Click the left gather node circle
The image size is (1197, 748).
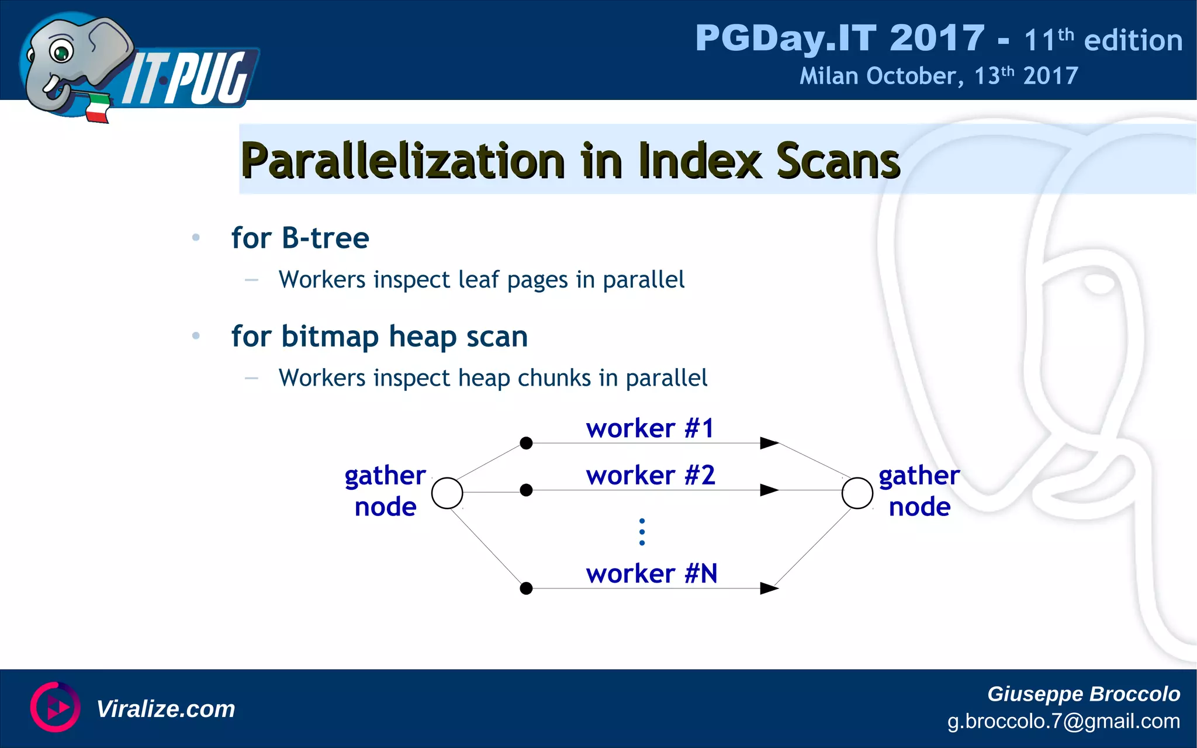pyautogui.click(x=447, y=493)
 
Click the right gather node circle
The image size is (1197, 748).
pyautogui.click(x=857, y=493)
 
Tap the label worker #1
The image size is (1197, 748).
pyautogui.click(x=650, y=428)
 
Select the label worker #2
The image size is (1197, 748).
pyautogui.click(x=651, y=475)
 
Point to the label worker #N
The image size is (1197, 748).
pyautogui.click(x=652, y=573)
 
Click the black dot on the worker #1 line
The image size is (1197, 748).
pyautogui.click(x=526, y=443)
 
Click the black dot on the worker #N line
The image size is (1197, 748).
pyautogui.click(x=526, y=588)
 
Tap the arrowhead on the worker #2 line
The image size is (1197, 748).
pyautogui.click(x=769, y=490)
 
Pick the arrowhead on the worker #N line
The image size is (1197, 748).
pyautogui.click(x=769, y=588)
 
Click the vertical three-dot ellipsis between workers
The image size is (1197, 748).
pyautogui.click(x=642, y=532)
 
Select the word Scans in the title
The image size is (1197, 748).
pyautogui.click(x=838, y=161)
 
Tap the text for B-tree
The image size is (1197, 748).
pyautogui.click(x=300, y=238)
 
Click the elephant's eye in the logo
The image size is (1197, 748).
pyautogui.click(x=61, y=53)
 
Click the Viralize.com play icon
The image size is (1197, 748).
pyautogui.click(x=56, y=707)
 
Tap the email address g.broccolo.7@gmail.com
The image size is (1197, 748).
pyautogui.click(x=1063, y=721)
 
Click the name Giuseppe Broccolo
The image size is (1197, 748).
pyautogui.click(x=1083, y=694)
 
